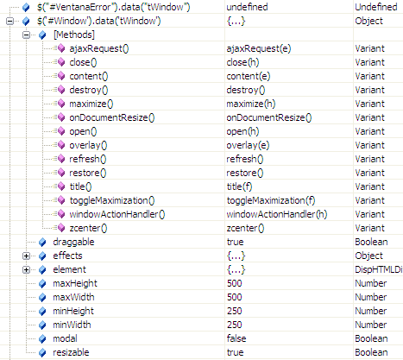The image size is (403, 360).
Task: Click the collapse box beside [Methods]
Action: click(26, 35)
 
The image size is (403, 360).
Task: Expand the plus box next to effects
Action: click(26, 256)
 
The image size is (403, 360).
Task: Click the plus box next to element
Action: click(26, 269)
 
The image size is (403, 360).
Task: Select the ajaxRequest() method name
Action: click(99, 48)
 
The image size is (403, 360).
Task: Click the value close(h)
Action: click(242, 62)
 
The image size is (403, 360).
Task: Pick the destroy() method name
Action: click(89, 90)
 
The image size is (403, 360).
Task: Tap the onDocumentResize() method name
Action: click(112, 117)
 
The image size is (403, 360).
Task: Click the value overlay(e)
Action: click(248, 145)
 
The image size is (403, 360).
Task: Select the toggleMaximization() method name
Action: click(112, 200)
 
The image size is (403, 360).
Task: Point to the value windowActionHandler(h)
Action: click(277, 214)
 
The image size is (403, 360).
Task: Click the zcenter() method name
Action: click(88, 228)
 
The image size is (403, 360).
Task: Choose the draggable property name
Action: click(73, 242)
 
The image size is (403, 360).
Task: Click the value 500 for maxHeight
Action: click(235, 283)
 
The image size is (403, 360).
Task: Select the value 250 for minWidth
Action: click(235, 325)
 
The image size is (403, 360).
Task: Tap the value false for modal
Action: click(236, 338)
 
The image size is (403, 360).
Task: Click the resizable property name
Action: click(71, 352)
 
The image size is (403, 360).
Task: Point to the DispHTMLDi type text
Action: click(379, 269)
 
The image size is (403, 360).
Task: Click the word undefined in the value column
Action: click(247, 7)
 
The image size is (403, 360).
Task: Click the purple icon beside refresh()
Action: click(61, 159)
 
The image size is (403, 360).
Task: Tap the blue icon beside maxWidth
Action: click(42, 297)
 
